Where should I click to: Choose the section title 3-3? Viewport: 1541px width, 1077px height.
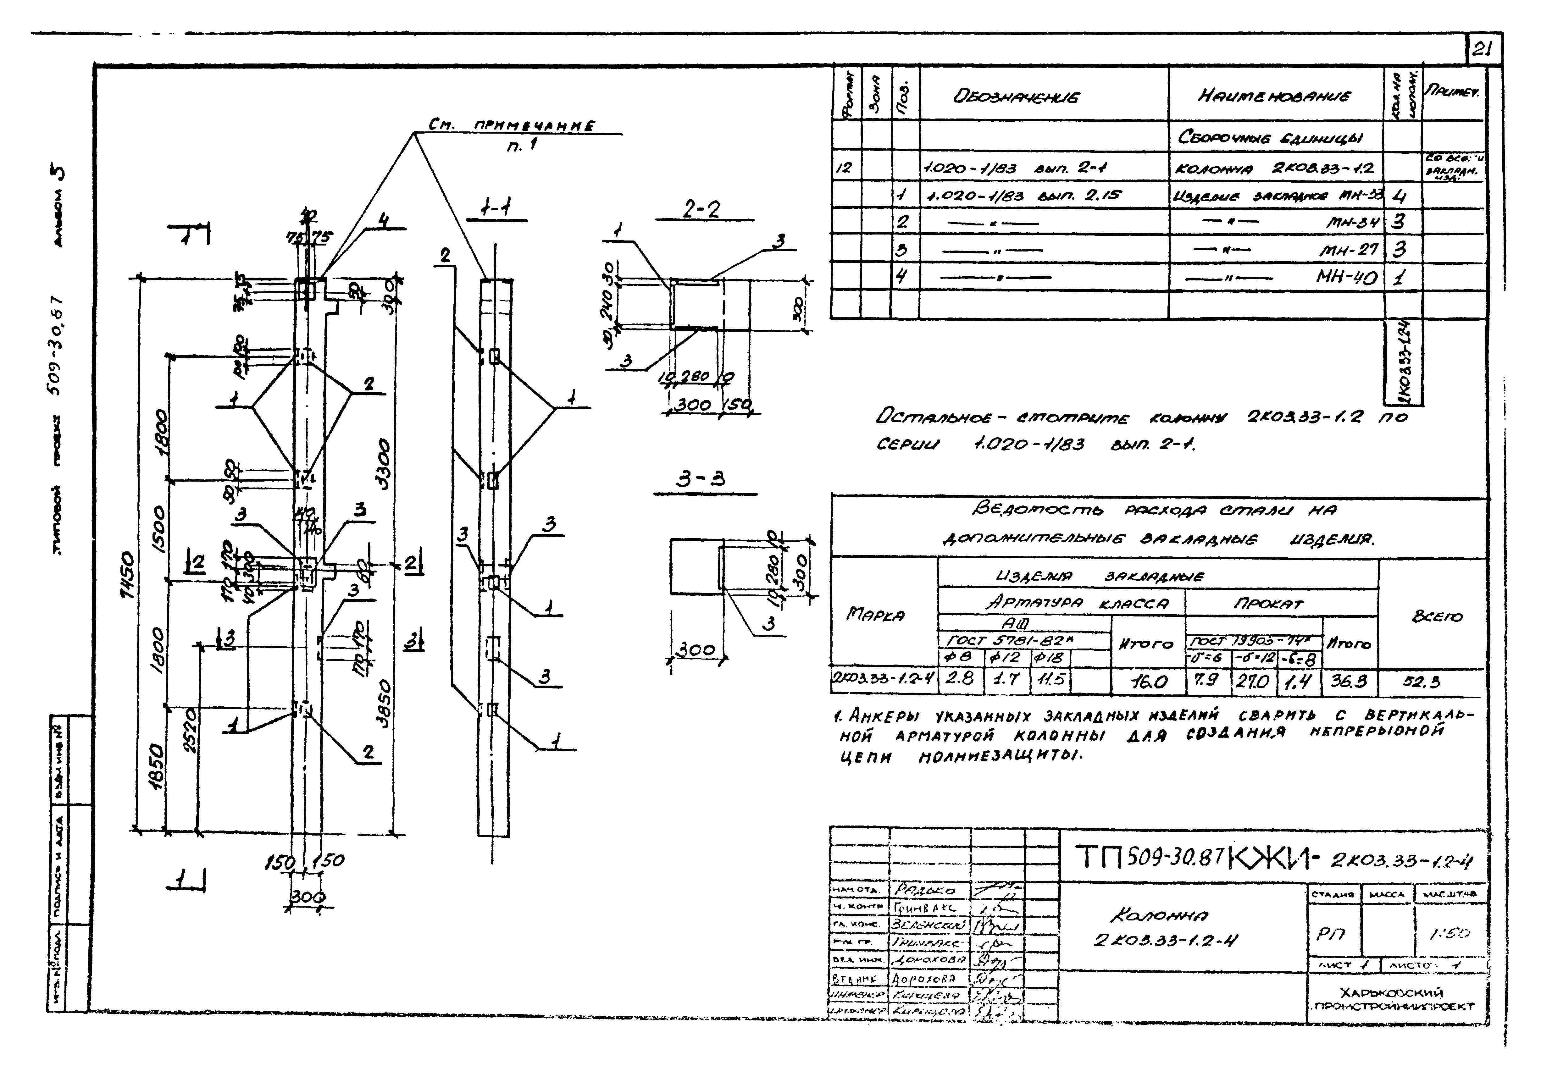[x=700, y=479]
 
